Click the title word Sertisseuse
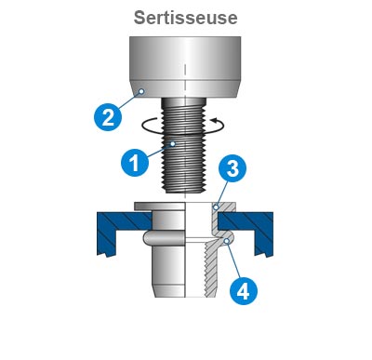click(186, 18)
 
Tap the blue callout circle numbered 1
click(135, 162)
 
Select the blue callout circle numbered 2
click(108, 117)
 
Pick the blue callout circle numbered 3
click(232, 168)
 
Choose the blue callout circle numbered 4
click(244, 290)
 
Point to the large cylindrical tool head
click(185, 67)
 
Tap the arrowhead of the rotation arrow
click(213, 120)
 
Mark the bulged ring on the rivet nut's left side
click(165, 239)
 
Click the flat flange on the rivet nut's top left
click(160, 206)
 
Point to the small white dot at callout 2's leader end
click(141, 91)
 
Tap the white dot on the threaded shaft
click(173, 144)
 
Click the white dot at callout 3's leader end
click(217, 207)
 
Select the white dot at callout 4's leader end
click(227, 241)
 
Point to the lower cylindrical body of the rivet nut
click(169, 272)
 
